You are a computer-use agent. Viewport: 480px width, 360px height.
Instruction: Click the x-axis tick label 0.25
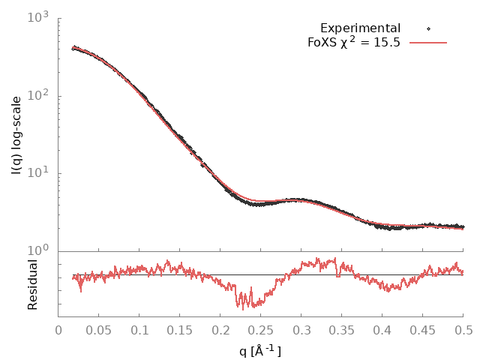pos(261,329)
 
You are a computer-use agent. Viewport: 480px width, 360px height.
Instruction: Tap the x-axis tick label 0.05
pos(99,329)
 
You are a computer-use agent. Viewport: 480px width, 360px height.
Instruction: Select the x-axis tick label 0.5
pos(463,329)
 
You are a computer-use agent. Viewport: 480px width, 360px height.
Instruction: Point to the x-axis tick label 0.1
pos(139,329)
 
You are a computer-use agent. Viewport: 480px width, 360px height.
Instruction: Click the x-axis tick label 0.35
pos(342,329)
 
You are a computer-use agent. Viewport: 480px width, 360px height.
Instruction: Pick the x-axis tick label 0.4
pos(382,329)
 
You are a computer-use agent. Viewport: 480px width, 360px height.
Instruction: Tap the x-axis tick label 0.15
pos(180,329)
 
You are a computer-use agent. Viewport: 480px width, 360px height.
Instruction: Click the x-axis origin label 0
pos(58,329)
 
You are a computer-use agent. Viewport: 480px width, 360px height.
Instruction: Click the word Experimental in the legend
pos(360,28)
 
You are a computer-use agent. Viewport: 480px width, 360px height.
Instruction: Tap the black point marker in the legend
pos(429,28)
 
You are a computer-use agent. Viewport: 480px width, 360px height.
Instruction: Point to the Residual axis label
pos(32,285)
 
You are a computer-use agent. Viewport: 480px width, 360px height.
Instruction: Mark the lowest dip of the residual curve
pos(243,307)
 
